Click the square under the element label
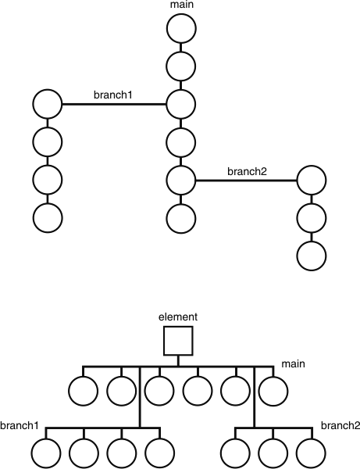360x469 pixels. tap(178, 341)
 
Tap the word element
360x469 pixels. tap(178, 317)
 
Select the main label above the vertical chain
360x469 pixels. tap(180, 5)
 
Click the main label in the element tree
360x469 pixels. tap(294, 363)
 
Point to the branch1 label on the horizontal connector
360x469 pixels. tap(113, 95)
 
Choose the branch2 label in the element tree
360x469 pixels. tap(340, 426)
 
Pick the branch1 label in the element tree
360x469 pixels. tap(19, 426)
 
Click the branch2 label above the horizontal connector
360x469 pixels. tap(247, 171)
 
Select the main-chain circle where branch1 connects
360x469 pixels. tap(180, 102)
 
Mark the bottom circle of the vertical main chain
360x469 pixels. tap(180, 217)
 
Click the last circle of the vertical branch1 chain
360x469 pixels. tap(47, 217)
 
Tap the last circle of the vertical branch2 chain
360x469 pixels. tap(311, 255)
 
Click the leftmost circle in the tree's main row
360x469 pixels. tap(84, 388)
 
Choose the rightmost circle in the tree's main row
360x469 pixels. tap(273, 388)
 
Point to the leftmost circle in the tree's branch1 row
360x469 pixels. tap(45, 452)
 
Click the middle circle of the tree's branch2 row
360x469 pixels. tap(273, 452)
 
